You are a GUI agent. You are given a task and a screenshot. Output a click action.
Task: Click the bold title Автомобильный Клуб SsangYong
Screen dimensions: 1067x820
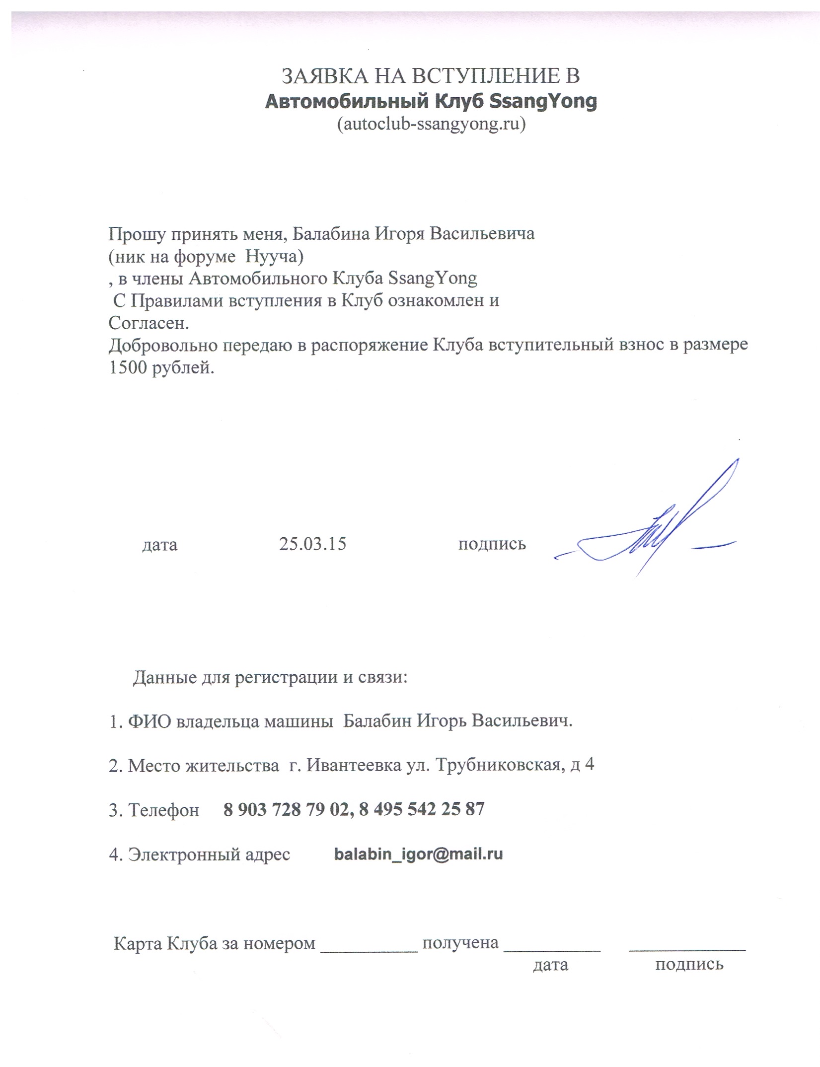(431, 101)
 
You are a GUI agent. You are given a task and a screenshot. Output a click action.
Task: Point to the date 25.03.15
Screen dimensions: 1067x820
(312, 544)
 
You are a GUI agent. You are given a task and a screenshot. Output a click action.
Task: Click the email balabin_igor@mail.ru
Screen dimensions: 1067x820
(418, 854)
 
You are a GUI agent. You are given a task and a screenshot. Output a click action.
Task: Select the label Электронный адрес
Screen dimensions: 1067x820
(209, 854)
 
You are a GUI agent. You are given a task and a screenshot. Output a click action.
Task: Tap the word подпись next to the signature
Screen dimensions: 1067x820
(492, 544)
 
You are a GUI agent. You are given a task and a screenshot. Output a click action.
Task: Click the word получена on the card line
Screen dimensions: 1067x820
(460, 942)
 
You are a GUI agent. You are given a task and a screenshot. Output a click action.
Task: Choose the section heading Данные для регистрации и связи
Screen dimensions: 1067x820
(270, 677)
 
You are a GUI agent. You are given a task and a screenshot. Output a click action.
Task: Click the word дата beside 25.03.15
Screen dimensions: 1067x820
(160, 545)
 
